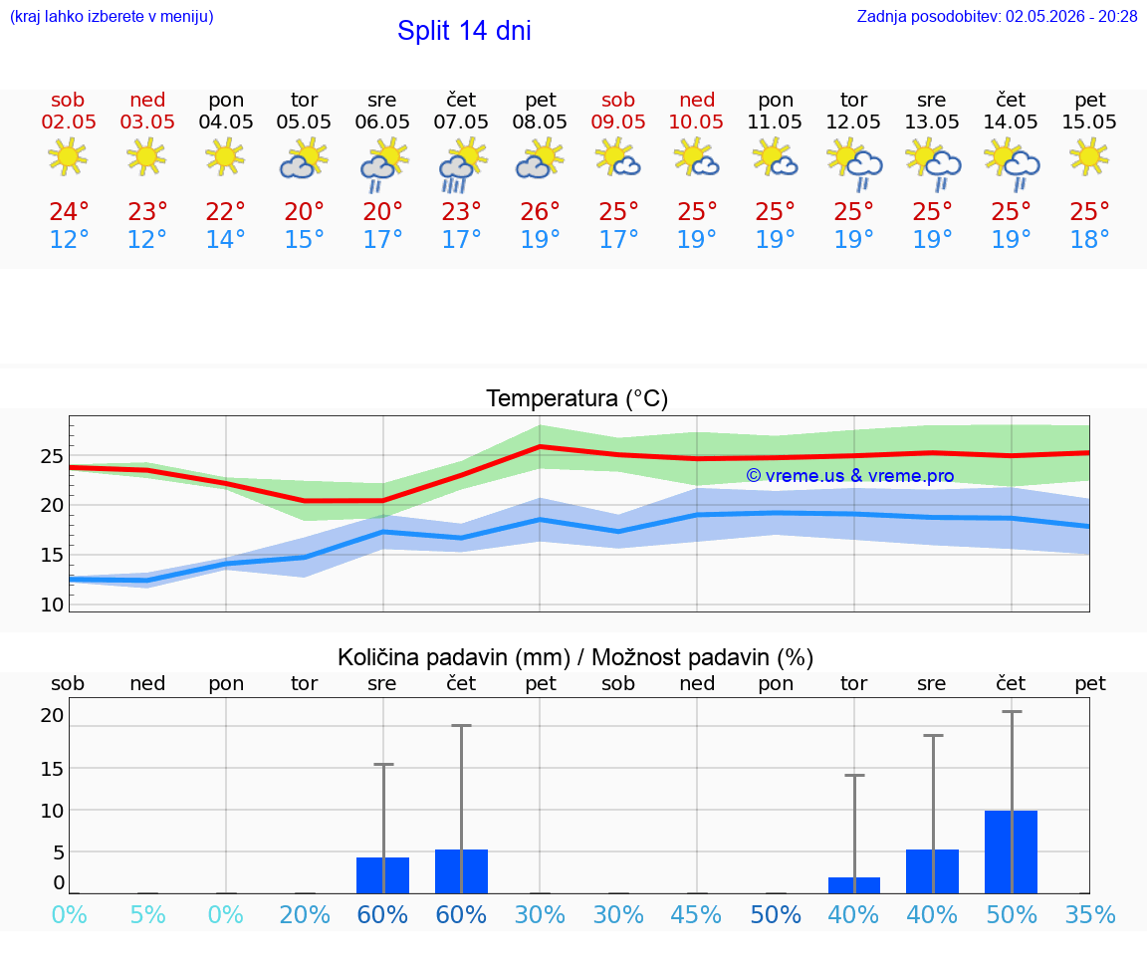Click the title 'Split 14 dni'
464,31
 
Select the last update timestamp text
997,16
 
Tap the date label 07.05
461,121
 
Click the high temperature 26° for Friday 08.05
540,211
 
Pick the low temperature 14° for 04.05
225,239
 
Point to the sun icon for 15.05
1089,158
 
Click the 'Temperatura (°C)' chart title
577,398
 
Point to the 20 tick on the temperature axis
52,505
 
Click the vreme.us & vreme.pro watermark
850,476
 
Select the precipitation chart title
575,657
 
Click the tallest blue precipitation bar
1011,851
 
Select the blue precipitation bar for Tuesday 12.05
853,885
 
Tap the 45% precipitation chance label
696,914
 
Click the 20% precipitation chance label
305,914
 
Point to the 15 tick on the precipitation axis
52,768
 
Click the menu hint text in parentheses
112,16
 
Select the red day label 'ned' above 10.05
696,100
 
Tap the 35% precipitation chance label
1090,914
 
